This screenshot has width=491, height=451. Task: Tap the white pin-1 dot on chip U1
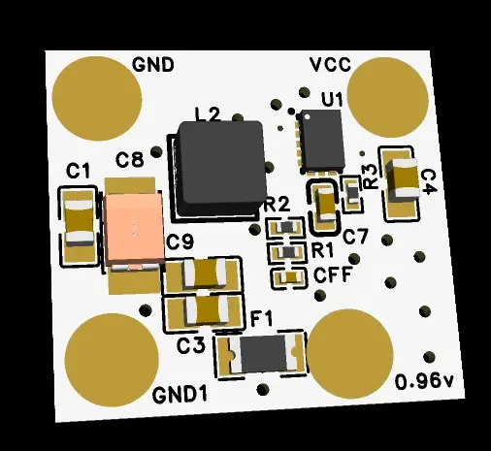(307, 116)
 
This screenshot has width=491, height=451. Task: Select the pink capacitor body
(135, 228)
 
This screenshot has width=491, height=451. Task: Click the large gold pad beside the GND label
(97, 99)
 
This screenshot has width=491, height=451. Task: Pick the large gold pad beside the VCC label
(388, 98)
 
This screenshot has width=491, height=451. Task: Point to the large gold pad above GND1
(112, 360)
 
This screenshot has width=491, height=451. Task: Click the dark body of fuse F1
(263, 354)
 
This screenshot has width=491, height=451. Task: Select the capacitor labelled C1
(80, 221)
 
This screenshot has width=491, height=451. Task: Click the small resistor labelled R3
(352, 193)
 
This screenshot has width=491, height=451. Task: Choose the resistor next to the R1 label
(286, 251)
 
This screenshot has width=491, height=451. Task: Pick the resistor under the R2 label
(286, 228)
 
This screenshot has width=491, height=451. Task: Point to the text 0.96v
(424, 381)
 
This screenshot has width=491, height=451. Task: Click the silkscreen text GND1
(180, 395)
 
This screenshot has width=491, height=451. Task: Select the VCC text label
(330, 65)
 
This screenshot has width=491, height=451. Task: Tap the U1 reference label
(332, 99)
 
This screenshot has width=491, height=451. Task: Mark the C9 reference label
(180, 242)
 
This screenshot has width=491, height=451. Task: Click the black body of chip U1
(321, 140)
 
